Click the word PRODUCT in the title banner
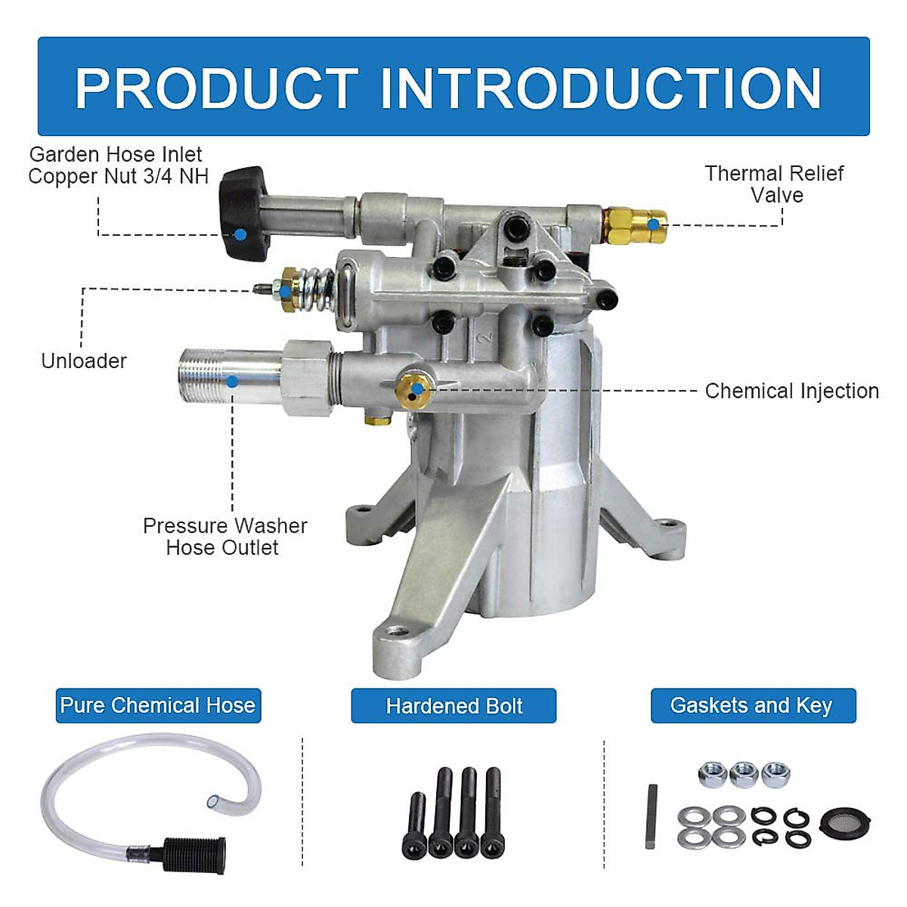216,88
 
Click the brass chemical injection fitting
415,388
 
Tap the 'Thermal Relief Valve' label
775,184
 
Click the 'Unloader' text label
84,361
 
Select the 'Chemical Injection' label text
791,391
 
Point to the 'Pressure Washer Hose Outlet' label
224,537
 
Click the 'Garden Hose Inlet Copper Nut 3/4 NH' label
116,166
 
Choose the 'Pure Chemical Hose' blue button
158,706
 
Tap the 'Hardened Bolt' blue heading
453,706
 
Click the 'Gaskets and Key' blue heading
753,706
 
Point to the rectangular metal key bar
652,816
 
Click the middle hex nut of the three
744,774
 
